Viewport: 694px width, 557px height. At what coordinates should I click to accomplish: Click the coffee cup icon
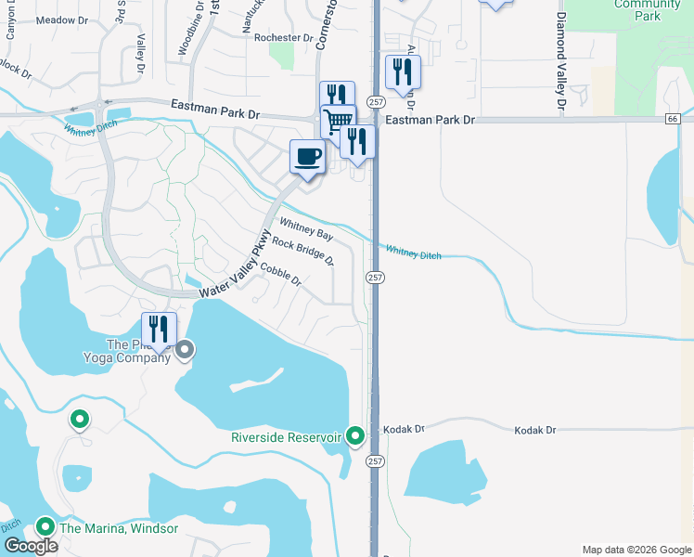(307, 155)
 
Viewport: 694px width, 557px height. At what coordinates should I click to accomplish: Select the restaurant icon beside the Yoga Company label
(159, 329)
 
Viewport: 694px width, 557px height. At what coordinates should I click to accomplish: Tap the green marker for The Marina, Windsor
(44, 526)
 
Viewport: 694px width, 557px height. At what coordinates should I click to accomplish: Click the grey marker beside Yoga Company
(185, 349)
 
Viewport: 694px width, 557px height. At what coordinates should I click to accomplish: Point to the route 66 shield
(672, 119)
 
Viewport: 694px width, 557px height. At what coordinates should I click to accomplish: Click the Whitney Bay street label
(305, 229)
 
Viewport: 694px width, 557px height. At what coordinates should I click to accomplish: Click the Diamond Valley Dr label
(561, 60)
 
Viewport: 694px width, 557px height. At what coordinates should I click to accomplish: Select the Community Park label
(647, 9)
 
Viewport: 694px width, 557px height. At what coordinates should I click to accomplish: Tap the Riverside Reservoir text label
(288, 436)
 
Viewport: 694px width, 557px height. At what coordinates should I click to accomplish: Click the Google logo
(31, 546)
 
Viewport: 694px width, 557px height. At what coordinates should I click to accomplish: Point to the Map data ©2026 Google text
(636, 550)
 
